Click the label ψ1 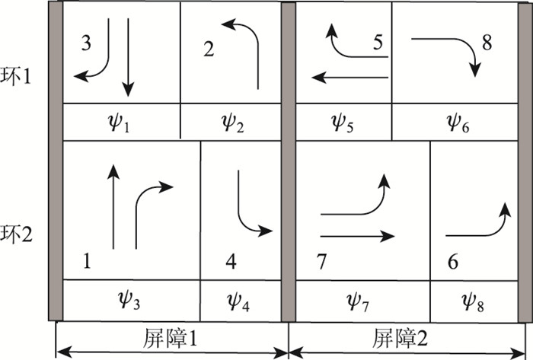[120, 122]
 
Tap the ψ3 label [130, 302]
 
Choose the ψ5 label [344, 122]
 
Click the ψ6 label [458, 122]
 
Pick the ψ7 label [362, 302]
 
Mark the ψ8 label [474, 302]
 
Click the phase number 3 [86, 43]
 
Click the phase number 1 [86, 263]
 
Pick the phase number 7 [321, 263]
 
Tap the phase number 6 [453, 263]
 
